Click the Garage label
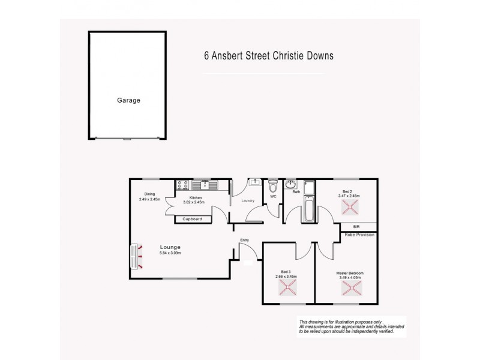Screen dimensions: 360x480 (x=128, y=100)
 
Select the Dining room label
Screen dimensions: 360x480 (x=149, y=193)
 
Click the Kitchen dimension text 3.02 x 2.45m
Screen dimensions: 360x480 (x=196, y=202)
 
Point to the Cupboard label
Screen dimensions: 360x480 (x=192, y=219)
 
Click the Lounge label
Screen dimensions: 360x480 (x=170, y=247)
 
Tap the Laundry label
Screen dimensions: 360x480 (x=248, y=200)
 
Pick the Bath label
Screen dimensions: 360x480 (x=296, y=192)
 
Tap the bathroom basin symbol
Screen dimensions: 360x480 (x=291, y=184)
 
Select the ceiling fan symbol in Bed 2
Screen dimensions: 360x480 (x=349, y=207)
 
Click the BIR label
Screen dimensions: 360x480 (x=356, y=227)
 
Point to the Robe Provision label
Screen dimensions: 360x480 (x=359, y=235)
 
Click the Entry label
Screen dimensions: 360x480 (x=244, y=241)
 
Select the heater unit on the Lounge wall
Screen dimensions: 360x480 (x=133, y=256)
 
